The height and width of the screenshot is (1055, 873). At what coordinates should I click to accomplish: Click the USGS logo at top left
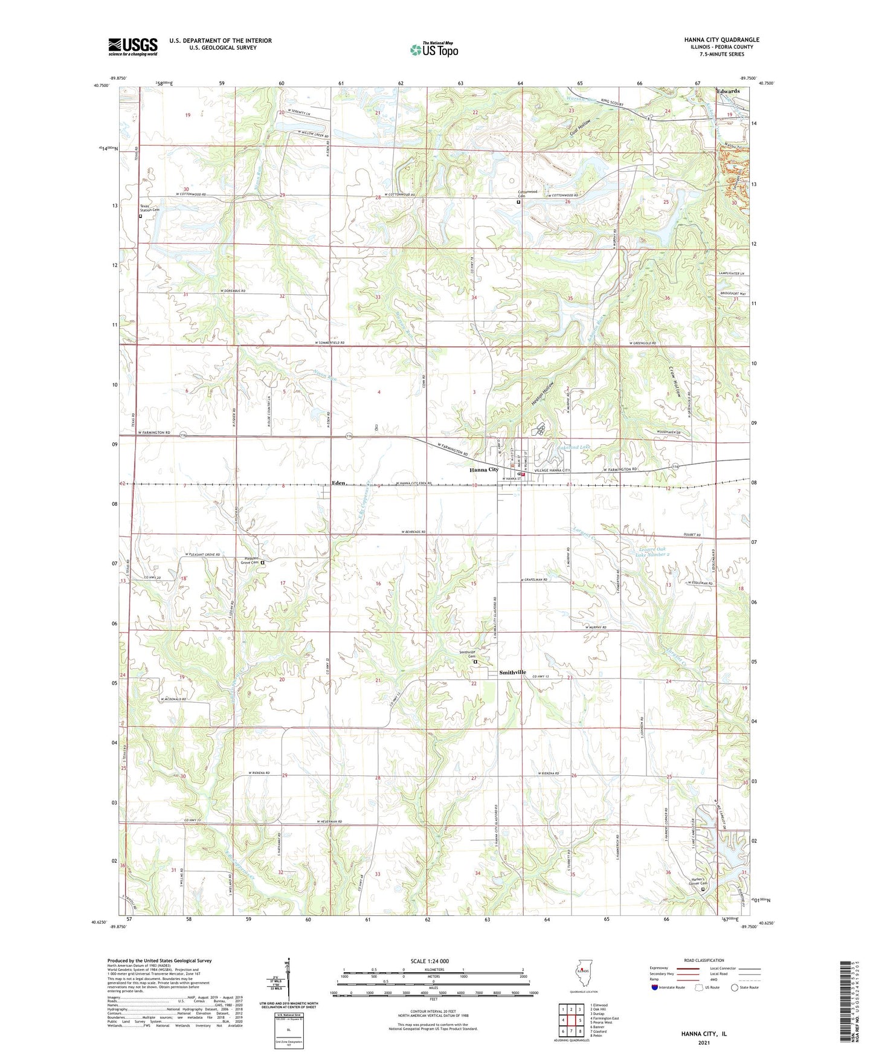click(x=133, y=46)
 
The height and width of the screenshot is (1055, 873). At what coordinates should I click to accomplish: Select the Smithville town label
click(x=512, y=673)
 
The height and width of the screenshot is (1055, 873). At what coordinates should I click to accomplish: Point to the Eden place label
click(x=338, y=483)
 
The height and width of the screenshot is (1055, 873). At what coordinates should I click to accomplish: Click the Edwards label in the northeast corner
click(x=728, y=91)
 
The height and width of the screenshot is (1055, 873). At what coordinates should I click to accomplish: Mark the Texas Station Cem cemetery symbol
click(x=141, y=216)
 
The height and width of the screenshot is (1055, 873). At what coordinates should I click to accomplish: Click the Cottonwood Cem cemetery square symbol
click(x=518, y=203)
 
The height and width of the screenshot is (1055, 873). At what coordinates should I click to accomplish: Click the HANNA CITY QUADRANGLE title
click(x=722, y=40)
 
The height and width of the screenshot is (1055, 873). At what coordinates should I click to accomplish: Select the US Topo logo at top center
click(x=434, y=50)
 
